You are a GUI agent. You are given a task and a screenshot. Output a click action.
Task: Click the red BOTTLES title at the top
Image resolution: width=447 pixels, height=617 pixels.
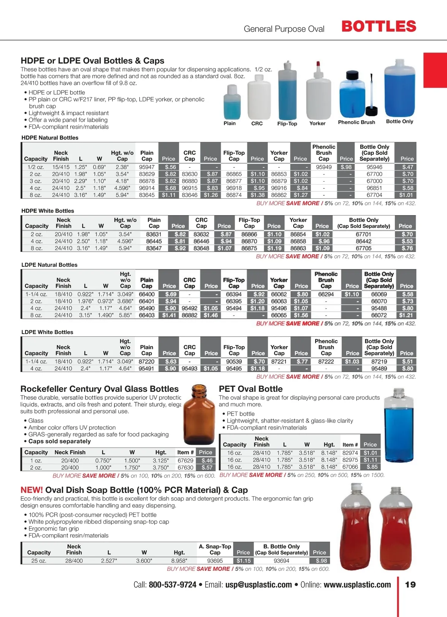[378, 26]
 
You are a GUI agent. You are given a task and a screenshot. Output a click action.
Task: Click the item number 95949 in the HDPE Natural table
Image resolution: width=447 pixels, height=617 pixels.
[324, 167]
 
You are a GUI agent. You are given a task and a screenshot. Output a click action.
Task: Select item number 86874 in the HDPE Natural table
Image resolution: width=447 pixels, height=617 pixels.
[234, 195]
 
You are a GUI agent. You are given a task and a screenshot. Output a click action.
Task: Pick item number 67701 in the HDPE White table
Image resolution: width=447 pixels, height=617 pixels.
[363, 234]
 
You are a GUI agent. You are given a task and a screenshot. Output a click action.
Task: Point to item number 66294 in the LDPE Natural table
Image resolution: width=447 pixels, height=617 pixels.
[326, 295]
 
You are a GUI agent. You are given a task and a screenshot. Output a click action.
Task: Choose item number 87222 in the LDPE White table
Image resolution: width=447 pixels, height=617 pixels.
[326, 362]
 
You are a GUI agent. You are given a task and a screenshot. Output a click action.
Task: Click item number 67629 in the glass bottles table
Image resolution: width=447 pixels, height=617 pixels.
[185, 461]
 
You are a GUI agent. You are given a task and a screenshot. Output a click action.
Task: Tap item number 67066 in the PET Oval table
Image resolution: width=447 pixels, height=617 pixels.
[350, 467]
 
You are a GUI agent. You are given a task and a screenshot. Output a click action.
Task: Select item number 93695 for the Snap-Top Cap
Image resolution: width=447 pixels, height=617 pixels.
[215, 561]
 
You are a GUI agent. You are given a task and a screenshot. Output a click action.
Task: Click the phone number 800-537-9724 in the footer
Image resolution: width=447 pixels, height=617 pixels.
[172, 585]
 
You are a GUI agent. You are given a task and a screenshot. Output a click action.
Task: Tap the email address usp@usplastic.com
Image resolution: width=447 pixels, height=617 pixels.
[259, 585]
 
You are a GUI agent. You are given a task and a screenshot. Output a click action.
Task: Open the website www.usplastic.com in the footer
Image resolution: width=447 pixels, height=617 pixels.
[357, 585]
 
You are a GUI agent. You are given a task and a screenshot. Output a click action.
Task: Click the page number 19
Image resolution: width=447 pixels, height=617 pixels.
[410, 585]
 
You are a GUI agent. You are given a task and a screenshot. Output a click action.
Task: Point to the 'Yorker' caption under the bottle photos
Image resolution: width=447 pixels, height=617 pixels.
[317, 123]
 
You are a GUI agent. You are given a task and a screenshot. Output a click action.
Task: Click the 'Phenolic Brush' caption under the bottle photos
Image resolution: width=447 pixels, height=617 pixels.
[356, 122]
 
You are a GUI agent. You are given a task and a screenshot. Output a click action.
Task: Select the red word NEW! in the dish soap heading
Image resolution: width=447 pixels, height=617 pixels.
[32, 490]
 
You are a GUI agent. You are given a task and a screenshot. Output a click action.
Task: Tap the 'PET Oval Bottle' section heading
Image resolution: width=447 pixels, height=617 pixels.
[251, 389]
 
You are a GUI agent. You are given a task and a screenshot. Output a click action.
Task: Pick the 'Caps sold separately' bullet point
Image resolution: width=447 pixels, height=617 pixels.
[60, 441]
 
